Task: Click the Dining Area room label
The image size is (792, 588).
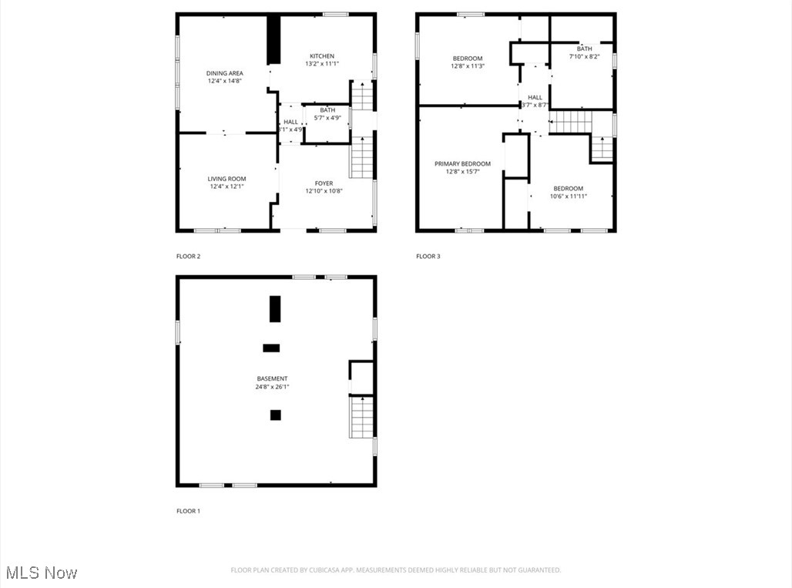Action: [224, 73]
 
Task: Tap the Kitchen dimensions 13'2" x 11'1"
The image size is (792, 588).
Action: [322, 64]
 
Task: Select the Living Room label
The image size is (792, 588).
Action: [227, 179]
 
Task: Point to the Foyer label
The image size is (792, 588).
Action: [324, 183]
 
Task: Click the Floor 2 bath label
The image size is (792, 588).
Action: [327, 110]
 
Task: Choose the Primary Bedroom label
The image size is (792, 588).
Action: [462, 163]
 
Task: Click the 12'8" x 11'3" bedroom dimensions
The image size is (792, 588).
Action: [467, 66]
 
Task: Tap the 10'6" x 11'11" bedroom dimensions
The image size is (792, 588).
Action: [568, 197]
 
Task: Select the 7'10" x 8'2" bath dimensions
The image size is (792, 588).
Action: [584, 56]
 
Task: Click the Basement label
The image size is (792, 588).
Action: [272, 378]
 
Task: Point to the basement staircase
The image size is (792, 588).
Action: [362, 417]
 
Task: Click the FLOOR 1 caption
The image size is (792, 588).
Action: [188, 511]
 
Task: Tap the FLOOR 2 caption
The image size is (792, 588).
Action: [188, 256]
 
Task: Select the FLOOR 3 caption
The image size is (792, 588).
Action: [428, 256]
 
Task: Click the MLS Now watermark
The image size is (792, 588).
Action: [41, 573]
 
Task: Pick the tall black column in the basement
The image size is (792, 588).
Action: [275, 308]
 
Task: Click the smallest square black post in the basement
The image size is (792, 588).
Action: [275, 415]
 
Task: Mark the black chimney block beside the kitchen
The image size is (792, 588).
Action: [273, 40]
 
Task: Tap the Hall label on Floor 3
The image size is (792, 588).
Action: [535, 97]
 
